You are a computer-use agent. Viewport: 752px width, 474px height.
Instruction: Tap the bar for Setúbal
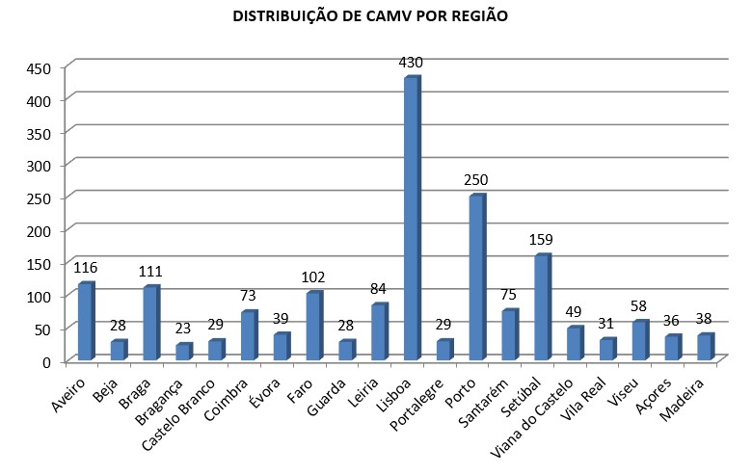pyautogui.click(x=542, y=307)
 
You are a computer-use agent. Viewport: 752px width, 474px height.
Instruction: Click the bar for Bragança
pyautogui.click(x=183, y=352)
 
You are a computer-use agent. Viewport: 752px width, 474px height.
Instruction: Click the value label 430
pyautogui.click(x=412, y=63)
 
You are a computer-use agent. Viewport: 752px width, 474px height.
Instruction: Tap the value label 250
pyautogui.click(x=476, y=180)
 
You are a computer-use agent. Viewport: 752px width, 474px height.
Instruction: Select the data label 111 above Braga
pyautogui.click(x=150, y=271)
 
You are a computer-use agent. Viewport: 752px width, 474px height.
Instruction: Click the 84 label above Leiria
pyautogui.click(x=379, y=288)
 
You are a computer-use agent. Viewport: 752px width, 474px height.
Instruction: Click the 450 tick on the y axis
pyautogui.click(x=38, y=67)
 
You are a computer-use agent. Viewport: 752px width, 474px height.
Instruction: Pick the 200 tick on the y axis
pyautogui.click(x=38, y=230)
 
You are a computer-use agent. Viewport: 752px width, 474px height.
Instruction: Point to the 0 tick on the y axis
pyautogui.click(x=45, y=361)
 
